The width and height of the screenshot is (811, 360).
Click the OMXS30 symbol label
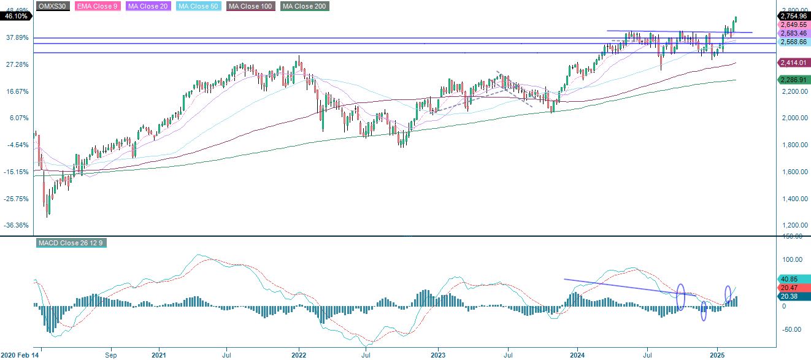click(x=52, y=6)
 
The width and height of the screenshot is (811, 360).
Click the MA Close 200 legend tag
click(x=305, y=6)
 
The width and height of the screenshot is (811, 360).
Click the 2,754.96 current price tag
click(x=793, y=16)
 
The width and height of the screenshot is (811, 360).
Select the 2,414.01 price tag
click(x=793, y=63)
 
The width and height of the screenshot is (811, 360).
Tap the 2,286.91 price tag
click(x=793, y=80)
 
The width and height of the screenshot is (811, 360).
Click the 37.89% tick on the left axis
click(x=17, y=37)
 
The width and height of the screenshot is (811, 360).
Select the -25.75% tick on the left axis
click(x=17, y=199)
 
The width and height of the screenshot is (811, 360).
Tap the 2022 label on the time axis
click(x=299, y=354)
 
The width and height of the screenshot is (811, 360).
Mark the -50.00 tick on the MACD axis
click(x=791, y=329)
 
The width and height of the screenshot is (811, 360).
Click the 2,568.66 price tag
click(x=793, y=42)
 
